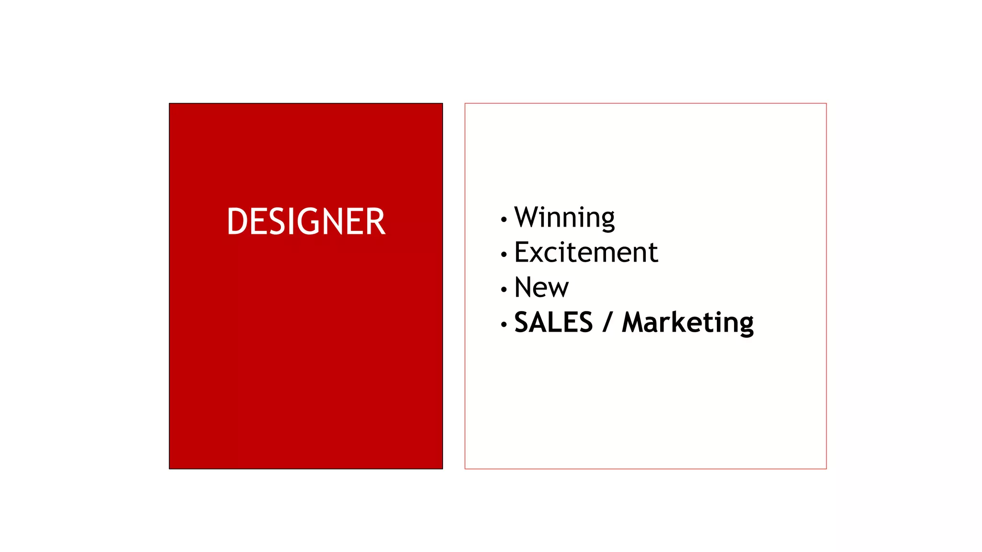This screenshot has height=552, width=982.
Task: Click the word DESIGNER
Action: click(306, 221)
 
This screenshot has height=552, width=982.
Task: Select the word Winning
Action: click(564, 218)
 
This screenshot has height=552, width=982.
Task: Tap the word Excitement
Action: click(586, 253)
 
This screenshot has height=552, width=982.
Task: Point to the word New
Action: click(541, 287)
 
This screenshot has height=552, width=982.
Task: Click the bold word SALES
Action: click(553, 322)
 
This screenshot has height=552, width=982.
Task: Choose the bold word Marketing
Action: click(688, 323)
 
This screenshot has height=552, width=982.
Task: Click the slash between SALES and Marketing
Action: click(608, 322)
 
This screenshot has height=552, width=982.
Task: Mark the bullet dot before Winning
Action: click(503, 219)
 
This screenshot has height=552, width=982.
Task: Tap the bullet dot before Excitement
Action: click(503, 254)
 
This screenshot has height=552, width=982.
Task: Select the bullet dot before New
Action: click(503, 289)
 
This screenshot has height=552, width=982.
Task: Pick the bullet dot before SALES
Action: click(503, 324)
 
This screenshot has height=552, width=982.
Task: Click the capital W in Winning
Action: click(527, 217)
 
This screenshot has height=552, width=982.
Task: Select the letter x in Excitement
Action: click(540, 254)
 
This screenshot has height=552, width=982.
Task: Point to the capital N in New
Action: click(524, 287)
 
